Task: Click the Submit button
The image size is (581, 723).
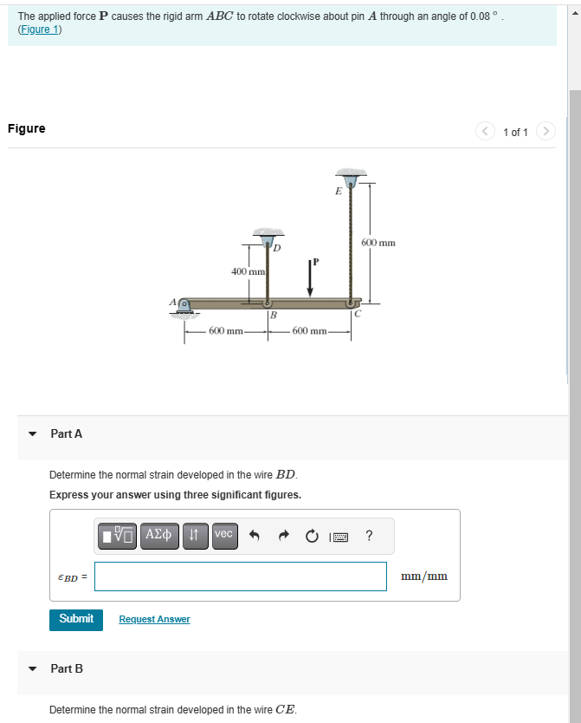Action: pos(76,619)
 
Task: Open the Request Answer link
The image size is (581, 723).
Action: pos(154,619)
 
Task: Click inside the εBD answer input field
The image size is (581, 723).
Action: pos(240,576)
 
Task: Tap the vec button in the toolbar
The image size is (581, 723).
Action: pos(223,535)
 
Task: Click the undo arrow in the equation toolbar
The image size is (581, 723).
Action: pos(255,536)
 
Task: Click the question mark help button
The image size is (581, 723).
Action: pos(370,536)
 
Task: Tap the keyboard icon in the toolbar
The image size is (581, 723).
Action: pos(340,536)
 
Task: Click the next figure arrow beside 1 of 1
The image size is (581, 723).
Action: pos(545,132)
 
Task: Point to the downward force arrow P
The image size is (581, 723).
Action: pos(310,278)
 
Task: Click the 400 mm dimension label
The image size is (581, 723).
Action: pos(247,272)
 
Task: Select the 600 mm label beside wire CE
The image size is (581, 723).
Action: pos(378,243)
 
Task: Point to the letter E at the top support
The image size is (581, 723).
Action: pos(338,192)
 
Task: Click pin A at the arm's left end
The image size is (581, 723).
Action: pos(183,304)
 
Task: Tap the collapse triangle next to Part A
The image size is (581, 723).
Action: pos(33,433)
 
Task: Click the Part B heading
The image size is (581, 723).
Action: pos(67,668)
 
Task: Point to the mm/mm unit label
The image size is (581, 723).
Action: pos(423,576)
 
